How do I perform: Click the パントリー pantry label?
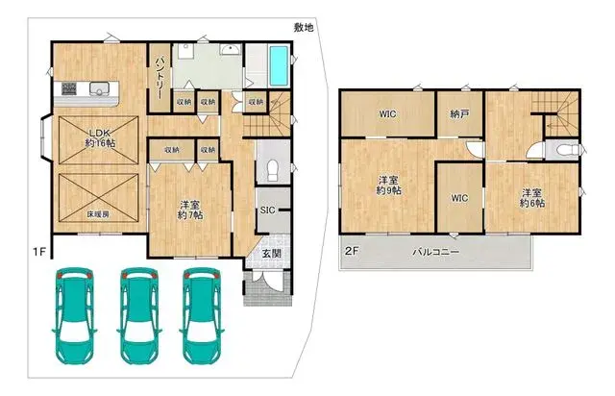160,78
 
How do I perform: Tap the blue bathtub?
279,65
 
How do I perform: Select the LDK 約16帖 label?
100,137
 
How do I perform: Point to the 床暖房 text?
98,214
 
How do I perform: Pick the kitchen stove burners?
69,87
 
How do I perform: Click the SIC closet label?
267,210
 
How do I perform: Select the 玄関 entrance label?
271,254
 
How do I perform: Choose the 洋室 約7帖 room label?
190,210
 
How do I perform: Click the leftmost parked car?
74,315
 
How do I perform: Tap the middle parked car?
138,315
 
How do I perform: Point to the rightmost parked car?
202,315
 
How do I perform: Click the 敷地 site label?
304,28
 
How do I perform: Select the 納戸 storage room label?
459,114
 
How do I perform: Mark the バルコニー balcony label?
435,252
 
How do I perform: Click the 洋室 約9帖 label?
388,186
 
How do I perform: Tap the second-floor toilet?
567,150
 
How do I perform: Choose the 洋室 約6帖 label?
531,198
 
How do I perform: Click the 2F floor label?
352,251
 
